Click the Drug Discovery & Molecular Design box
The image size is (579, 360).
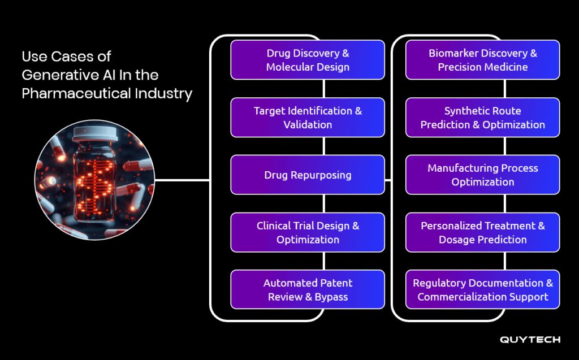point(308,60)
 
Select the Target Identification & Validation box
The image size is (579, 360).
point(308,118)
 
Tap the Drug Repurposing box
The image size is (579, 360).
point(308,175)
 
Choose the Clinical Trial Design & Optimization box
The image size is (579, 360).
point(308,232)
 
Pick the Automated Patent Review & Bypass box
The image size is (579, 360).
point(308,289)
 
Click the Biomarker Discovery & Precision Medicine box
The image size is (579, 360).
point(483,60)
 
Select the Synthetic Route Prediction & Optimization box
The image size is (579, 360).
point(483,118)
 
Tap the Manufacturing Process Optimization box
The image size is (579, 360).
point(483,175)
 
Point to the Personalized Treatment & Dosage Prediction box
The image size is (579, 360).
point(483,232)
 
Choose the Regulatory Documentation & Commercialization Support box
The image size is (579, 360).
point(483,289)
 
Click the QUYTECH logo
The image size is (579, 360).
point(530,340)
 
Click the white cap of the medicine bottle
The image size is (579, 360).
point(95,134)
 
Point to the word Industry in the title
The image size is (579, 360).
point(163,94)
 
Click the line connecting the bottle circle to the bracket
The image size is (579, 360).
point(183,180)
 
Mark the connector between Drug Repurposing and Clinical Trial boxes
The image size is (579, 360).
point(324,203)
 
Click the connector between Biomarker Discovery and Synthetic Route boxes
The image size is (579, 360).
point(505,89)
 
